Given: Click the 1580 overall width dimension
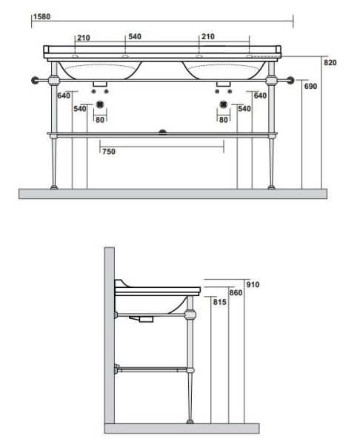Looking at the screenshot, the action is coord(41,17).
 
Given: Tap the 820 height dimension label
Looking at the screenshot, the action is coord(330,63).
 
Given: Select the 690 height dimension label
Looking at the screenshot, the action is coord(310,86).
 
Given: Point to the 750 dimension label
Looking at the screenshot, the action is coord(109,152).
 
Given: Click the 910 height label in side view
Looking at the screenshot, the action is coord(253,284).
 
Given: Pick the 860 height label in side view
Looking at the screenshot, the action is coord(236,292).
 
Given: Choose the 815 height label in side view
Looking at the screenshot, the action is coord(220,302).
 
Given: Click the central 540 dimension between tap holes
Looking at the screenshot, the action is coord(135,36).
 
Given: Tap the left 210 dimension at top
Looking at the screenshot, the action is coord(84,38).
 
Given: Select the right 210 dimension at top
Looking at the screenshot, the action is coord(208,36).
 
